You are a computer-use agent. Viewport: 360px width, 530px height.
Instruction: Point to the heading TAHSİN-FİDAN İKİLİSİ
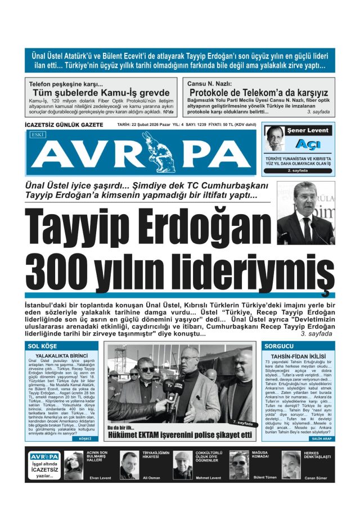click(x=298, y=356)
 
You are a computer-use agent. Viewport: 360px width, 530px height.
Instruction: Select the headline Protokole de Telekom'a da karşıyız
click(x=259, y=93)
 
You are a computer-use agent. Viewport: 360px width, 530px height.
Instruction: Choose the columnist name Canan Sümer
click(x=317, y=478)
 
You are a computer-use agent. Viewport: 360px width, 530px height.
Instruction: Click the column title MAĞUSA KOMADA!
click(x=264, y=456)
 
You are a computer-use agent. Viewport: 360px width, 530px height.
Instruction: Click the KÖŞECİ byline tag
click(x=85, y=437)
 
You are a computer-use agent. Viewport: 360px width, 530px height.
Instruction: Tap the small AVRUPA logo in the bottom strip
click(x=44, y=456)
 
